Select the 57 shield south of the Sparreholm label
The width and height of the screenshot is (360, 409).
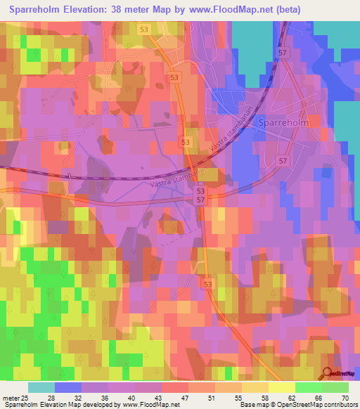[x=282, y=161]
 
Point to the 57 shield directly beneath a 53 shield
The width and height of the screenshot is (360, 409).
[x=201, y=200]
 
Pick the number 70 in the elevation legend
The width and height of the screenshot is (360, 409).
[x=345, y=398]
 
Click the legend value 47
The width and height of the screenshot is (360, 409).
[x=166, y=398]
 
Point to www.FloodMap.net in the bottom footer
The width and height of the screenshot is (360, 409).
[x=148, y=405]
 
